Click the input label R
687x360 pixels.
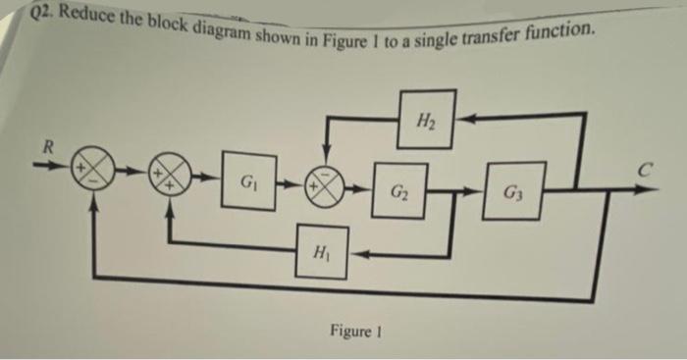43,148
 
